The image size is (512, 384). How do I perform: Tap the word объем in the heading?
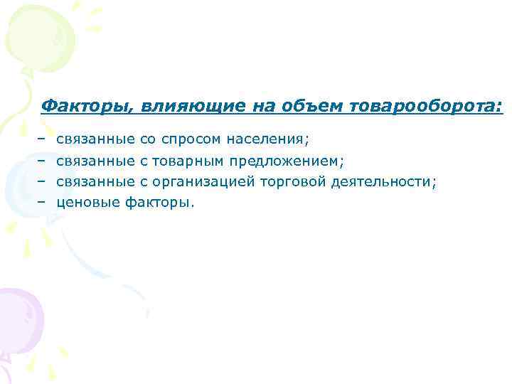pos(309,106)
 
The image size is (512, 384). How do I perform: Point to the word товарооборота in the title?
pos(425,106)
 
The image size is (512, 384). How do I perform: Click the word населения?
pos(268,136)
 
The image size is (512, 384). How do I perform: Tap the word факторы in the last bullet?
pos(159,203)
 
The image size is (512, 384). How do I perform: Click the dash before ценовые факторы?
pos(42,203)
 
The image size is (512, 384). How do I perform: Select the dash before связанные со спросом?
pos(42,136)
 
